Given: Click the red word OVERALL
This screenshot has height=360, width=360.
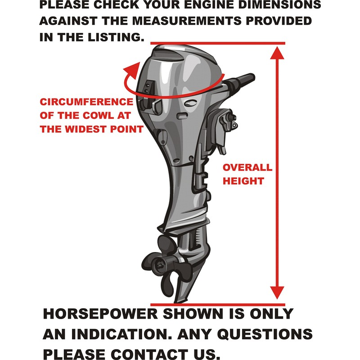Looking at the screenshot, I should [247, 168].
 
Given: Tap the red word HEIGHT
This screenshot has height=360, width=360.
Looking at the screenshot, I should [243, 181].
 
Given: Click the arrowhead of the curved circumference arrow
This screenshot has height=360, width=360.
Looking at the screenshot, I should [131, 68].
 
